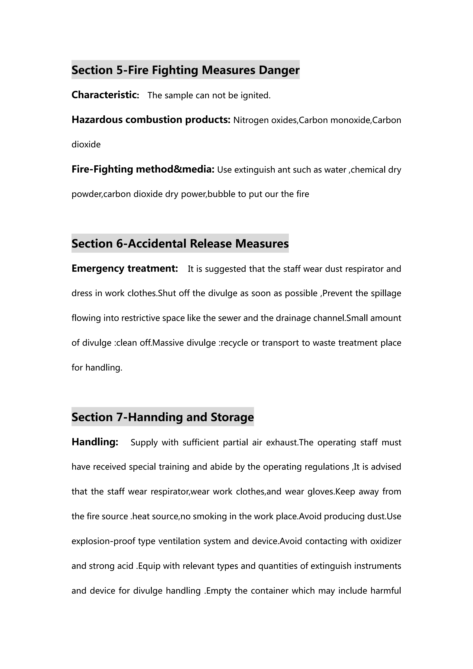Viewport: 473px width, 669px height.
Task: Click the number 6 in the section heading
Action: pyautogui.click(x=120, y=244)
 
